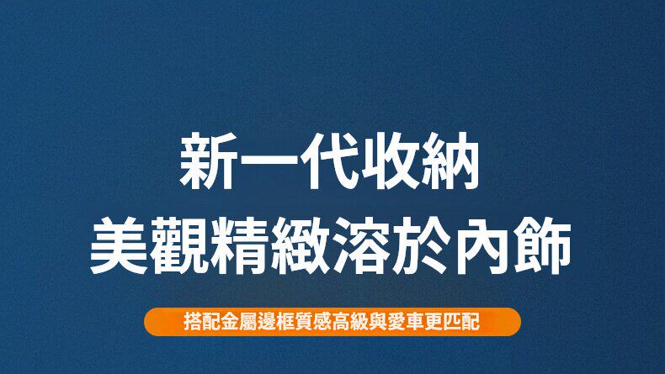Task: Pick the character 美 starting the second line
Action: point(120,245)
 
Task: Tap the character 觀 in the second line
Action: point(181,245)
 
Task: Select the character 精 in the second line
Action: point(242,245)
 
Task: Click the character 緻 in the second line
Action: point(302,245)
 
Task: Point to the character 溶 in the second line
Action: point(363,245)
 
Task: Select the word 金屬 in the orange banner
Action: point(232,322)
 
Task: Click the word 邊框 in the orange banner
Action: point(266,322)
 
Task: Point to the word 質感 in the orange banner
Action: point(300,322)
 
